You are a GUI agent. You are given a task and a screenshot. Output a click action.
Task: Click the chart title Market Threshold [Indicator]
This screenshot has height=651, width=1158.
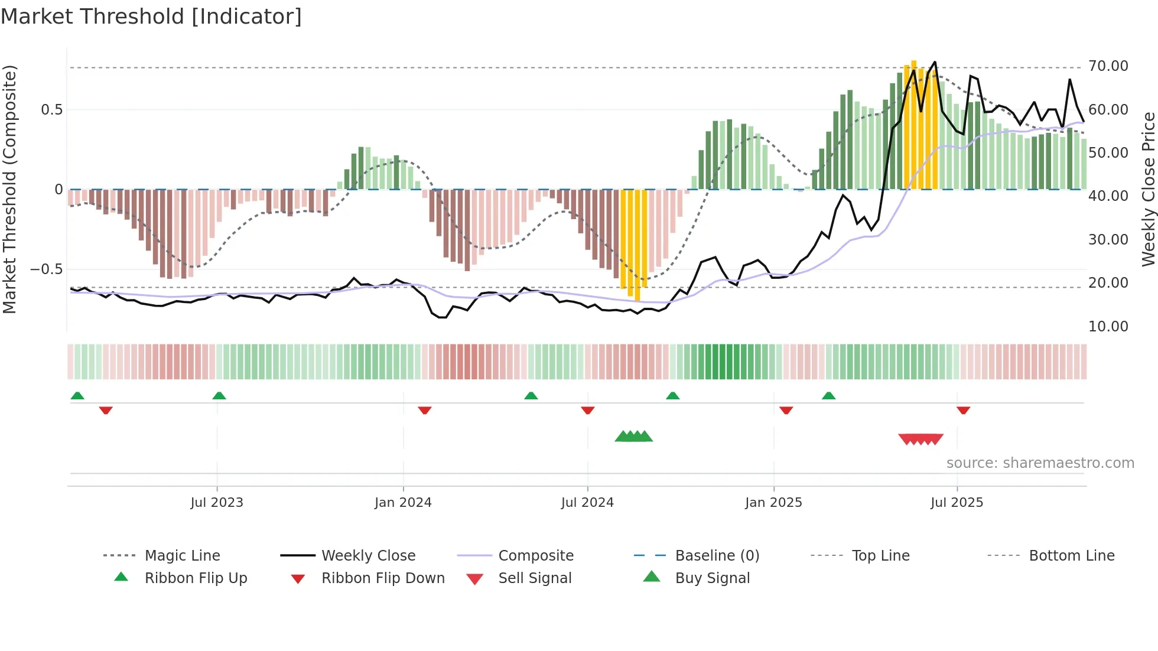pyautogui.click(x=151, y=17)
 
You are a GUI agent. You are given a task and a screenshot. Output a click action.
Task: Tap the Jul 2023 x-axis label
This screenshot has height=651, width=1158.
pyautogui.click(x=217, y=503)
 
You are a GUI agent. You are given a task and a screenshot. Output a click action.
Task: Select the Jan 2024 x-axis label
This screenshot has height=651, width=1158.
pyautogui.click(x=403, y=503)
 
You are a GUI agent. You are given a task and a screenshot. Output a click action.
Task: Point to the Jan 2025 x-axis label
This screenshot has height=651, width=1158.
pyautogui.click(x=773, y=503)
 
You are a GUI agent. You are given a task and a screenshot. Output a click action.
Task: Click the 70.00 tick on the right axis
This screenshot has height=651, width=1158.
pyautogui.click(x=1108, y=66)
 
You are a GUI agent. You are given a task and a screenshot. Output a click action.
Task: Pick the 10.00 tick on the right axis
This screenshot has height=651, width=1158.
pyautogui.click(x=1108, y=327)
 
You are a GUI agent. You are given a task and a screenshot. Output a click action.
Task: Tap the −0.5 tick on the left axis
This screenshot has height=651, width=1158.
pyautogui.click(x=46, y=269)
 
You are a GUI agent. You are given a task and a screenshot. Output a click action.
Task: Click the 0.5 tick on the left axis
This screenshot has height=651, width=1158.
pyautogui.click(x=51, y=110)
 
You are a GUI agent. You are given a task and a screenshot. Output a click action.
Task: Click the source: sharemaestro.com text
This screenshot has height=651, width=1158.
pyautogui.click(x=1040, y=463)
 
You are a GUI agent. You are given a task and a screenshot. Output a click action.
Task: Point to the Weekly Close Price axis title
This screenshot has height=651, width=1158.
pyautogui.click(x=1148, y=189)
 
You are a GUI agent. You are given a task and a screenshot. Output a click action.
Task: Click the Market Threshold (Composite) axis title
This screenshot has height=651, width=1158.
pyautogui.click(x=9, y=189)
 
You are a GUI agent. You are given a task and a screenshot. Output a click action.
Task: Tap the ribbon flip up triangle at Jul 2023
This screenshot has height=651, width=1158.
pyautogui.click(x=219, y=396)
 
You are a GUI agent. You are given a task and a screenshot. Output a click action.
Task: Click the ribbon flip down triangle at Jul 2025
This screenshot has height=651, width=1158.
pyautogui.click(x=964, y=410)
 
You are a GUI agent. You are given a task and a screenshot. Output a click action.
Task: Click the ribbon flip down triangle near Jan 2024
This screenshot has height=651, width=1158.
pyautogui.click(x=425, y=410)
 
